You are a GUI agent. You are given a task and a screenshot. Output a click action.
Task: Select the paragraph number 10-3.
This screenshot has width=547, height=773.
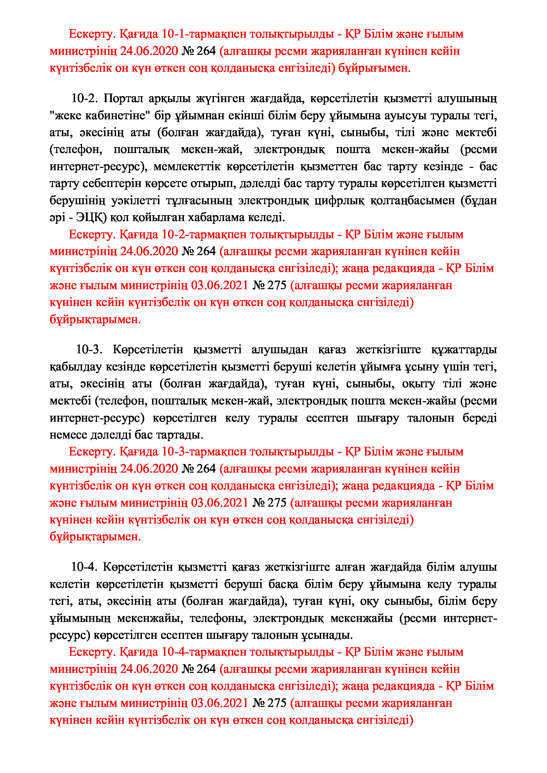point(89,349)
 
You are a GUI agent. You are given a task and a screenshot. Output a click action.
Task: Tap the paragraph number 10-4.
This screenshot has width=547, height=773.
point(84,567)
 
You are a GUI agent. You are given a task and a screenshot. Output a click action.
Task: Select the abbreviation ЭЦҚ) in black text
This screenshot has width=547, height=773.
point(91,217)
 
